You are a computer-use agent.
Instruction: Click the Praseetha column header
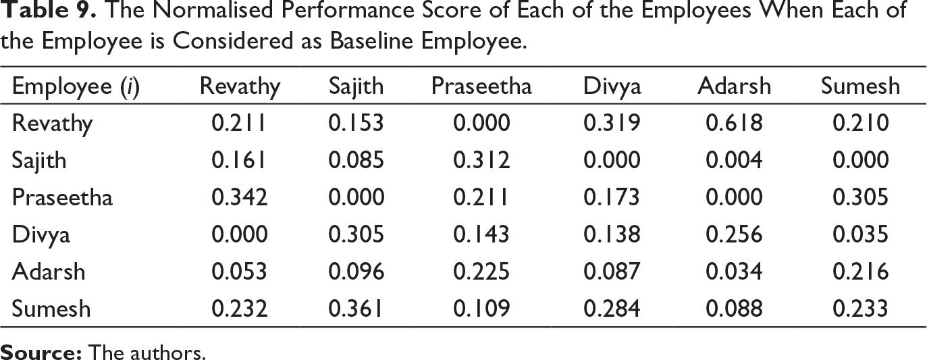click(x=481, y=86)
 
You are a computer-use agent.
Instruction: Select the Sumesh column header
click(x=860, y=86)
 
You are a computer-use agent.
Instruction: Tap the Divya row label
click(x=41, y=235)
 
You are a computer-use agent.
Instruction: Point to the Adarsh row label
click(x=49, y=272)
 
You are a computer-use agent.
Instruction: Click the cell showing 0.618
click(x=734, y=123)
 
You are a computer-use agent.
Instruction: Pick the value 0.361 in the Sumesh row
click(x=356, y=309)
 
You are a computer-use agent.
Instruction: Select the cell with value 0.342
click(x=239, y=197)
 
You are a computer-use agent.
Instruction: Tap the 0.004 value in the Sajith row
click(x=734, y=160)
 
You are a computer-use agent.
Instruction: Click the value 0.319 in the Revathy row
click(x=612, y=123)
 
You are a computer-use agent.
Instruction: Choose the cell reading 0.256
click(x=734, y=234)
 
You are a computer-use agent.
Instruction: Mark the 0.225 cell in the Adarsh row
click(x=481, y=272)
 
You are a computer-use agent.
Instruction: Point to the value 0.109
click(x=481, y=309)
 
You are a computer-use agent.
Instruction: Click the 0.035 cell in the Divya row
click(x=860, y=234)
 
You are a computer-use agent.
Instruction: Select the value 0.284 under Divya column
click(x=612, y=309)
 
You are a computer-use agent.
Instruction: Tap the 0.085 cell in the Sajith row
click(x=356, y=160)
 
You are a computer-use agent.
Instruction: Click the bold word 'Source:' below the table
click(x=41, y=352)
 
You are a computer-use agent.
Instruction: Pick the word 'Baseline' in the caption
click(x=371, y=41)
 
